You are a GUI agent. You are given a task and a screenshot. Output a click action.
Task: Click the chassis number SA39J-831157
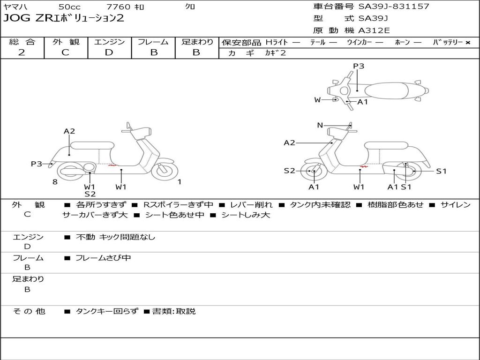(x=394, y=7)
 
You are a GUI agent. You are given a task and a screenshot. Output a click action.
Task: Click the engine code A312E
(x=374, y=31)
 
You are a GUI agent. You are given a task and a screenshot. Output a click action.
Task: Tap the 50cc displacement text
(x=69, y=7)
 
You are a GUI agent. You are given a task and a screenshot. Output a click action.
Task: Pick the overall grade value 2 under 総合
(x=22, y=52)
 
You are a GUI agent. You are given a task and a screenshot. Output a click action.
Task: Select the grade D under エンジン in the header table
(x=109, y=52)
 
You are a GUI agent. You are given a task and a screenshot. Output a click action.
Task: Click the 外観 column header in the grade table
(x=66, y=42)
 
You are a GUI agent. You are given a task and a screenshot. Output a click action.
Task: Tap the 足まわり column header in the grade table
(x=197, y=42)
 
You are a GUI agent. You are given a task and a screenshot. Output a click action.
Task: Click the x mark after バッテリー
(x=467, y=42)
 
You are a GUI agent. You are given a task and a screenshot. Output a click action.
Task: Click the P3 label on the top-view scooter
(x=359, y=66)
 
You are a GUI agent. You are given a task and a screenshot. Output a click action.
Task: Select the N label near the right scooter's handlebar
(x=320, y=125)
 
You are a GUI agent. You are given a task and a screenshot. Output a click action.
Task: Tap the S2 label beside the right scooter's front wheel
(x=289, y=171)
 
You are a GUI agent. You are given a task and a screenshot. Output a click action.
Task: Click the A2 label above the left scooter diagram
(x=69, y=131)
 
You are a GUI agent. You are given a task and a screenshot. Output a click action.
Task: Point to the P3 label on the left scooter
(x=37, y=164)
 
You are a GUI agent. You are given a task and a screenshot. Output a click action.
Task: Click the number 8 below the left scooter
(x=55, y=182)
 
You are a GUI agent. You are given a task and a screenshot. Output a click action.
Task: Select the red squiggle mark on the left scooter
(x=112, y=165)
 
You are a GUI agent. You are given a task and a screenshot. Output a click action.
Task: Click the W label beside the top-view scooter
(x=317, y=100)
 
